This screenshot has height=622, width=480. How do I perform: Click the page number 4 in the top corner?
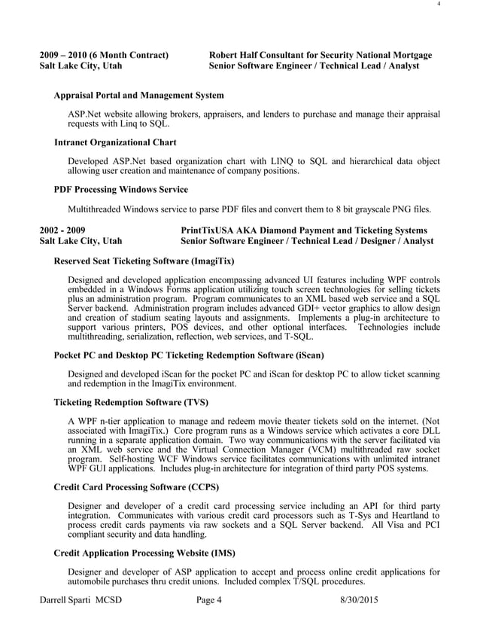pyautogui.click(x=439, y=5)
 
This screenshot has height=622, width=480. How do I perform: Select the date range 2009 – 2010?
pyautogui.click(x=64, y=55)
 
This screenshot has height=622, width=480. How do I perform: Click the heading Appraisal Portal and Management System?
pyautogui.click(x=138, y=96)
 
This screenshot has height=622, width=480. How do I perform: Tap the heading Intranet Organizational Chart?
pyautogui.click(x=116, y=142)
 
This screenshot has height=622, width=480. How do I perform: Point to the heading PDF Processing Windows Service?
pyautogui.click(x=121, y=189)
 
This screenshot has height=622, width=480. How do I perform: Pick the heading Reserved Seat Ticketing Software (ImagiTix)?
pyautogui.click(x=144, y=261)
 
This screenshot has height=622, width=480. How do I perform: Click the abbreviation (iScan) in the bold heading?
pyautogui.click(x=305, y=355)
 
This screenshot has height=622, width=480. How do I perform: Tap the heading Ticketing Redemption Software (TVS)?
pyautogui.click(x=132, y=402)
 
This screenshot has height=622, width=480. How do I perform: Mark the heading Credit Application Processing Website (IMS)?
pyautogui.click(x=145, y=553)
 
